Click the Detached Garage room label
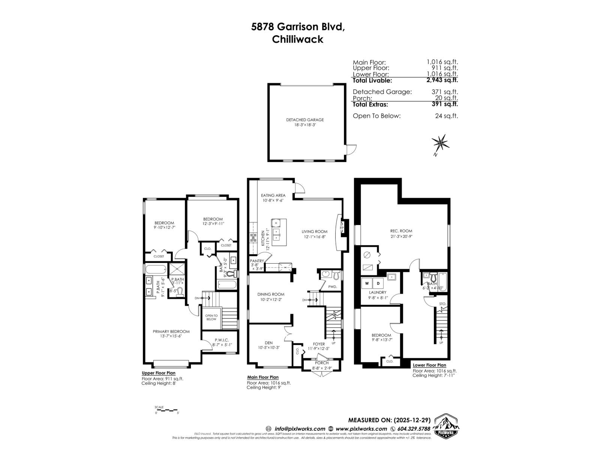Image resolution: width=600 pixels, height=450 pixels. point(304,120)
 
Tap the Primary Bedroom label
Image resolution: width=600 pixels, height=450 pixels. point(171,331)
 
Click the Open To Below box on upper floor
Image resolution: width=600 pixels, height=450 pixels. point(211,317)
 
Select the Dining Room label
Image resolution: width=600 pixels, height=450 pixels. point(270,294)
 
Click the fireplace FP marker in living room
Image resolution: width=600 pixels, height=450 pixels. point(341,228)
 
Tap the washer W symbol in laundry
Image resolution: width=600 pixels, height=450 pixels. point(367,283)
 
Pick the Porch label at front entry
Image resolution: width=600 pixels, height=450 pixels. point(321,363)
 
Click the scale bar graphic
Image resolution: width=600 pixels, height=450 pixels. point(167,409)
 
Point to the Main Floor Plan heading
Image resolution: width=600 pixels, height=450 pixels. point(262,377)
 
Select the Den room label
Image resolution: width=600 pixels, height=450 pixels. point(268,343)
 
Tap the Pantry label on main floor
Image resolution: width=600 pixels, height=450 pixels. point(257,261)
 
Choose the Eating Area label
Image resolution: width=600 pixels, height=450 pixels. point(273,195)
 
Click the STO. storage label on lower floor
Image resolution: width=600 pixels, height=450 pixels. point(442,304)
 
